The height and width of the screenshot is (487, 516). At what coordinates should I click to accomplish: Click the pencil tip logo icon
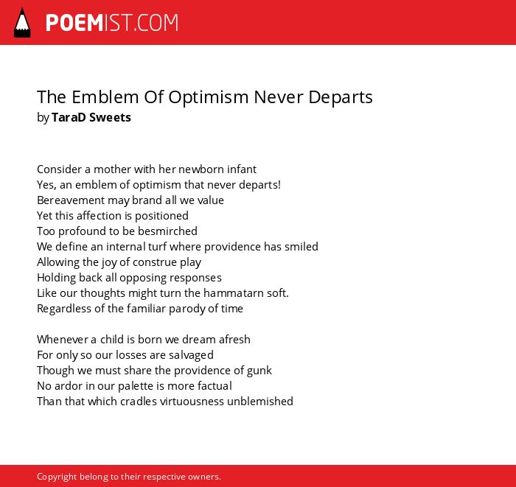(22, 22)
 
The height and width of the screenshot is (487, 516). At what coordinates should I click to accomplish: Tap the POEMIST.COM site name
(112, 23)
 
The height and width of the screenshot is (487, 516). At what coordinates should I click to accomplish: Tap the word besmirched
(167, 231)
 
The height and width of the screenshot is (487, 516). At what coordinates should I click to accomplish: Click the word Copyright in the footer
(57, 477)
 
